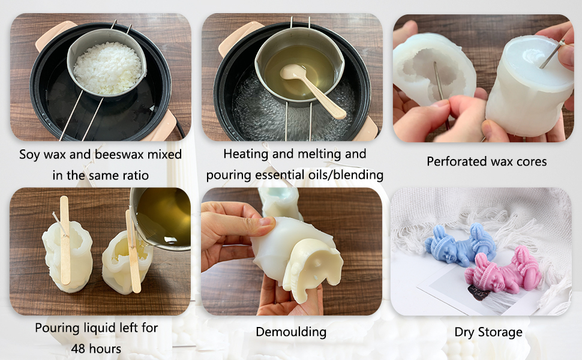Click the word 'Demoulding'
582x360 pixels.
pos(291,332)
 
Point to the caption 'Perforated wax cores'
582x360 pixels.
pos(487,161)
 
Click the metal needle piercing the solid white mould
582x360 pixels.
pos(553,53)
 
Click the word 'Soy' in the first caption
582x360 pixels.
pos(29,155)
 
